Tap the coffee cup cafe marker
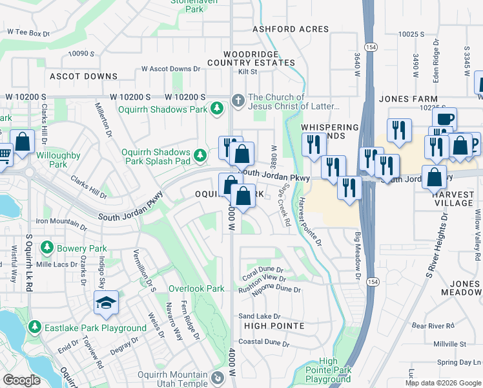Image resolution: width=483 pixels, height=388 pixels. [445, 120]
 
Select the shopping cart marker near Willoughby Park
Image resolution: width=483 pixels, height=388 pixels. [4, 155]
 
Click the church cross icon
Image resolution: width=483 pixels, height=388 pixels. [238, 101]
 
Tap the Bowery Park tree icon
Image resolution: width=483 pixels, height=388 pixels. [46, 248]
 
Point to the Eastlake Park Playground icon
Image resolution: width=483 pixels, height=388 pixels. [35, 328]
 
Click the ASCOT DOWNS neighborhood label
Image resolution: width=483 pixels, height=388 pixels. [84, 76]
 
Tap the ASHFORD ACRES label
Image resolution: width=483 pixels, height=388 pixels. [291, 29]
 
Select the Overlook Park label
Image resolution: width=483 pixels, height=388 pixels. [196, 288]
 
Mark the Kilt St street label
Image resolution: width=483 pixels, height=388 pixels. [248, 72]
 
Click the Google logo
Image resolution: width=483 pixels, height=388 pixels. [21, 380]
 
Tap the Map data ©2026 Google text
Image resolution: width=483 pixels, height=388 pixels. [442, 383]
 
